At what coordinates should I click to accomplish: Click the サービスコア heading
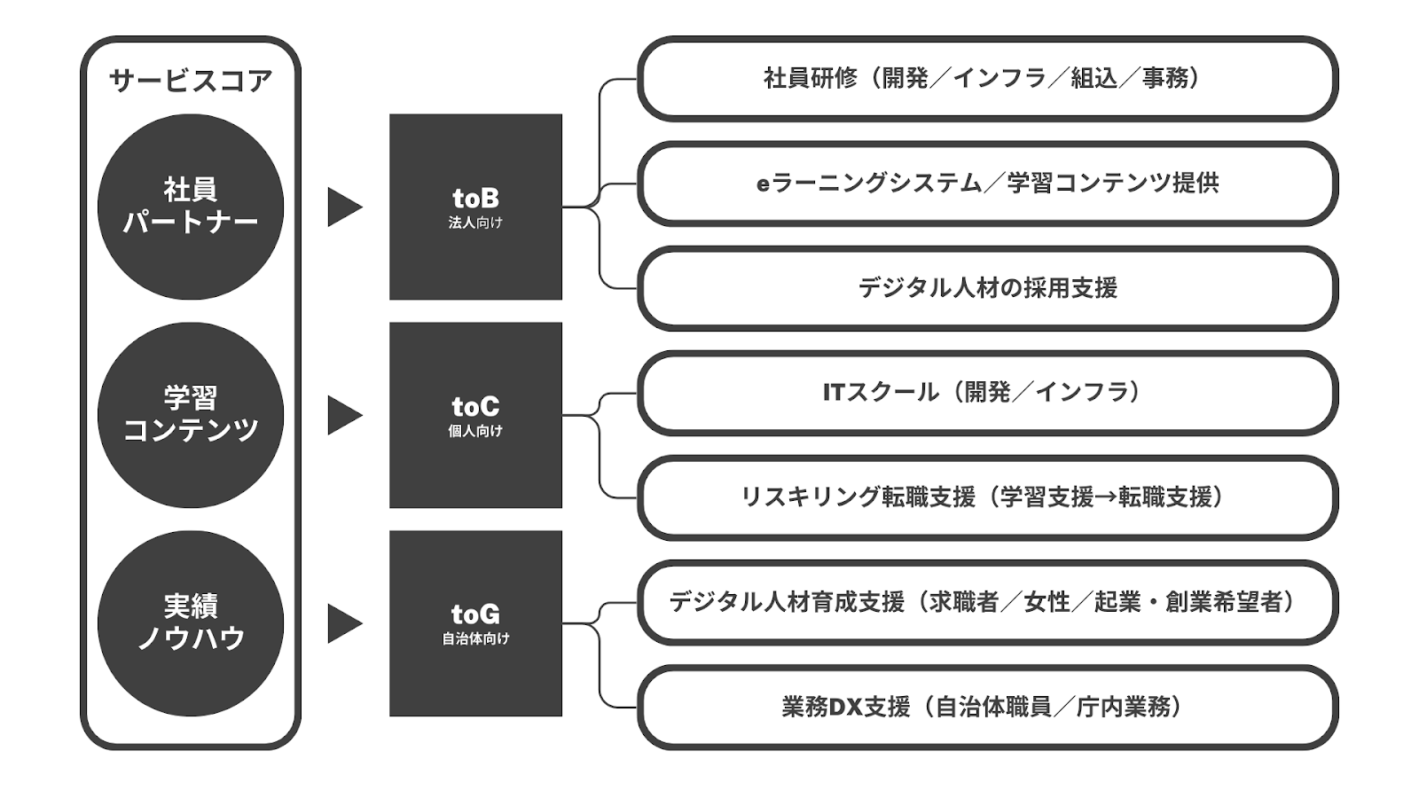[x=191, y=81]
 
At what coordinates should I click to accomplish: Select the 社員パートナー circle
[x=191, y=207]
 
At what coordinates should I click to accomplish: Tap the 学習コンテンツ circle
[x=191, y=415]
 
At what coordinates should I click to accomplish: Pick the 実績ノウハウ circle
[x=191, y=623]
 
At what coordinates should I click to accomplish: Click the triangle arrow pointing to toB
[x=345, y=207]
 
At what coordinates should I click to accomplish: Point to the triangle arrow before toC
[x=345, y=416]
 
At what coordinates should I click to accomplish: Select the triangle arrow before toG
[x=345, y=624]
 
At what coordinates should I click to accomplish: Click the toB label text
[x=475, y=199]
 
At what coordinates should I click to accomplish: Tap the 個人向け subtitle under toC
[x=475, y=431]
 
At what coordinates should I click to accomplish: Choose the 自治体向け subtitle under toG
[x=475, y=639]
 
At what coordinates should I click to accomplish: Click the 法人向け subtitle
[x=475, y=223]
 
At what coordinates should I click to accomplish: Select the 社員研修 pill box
[x=988, y=79]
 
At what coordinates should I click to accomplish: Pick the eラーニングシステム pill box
[x=988, y=184]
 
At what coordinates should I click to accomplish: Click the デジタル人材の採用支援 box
[x=988, y=288]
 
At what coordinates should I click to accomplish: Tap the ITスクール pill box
[x=988, y=393]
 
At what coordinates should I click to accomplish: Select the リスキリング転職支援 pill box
[x=988, y=497]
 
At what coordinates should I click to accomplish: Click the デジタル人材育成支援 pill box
[x=988, y=602]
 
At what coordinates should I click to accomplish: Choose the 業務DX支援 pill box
[x=988, y=708]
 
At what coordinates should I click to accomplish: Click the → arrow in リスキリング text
[x=1105, y=497]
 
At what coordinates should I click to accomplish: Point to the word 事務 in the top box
[x=1165, y=79]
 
